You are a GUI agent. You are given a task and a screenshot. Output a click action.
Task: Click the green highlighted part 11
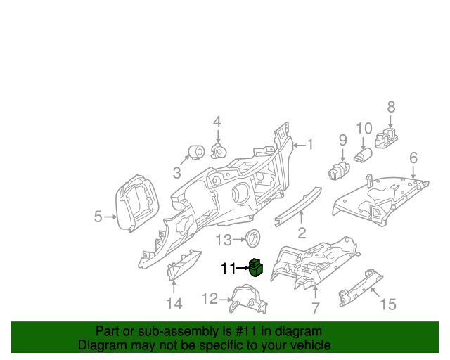256,268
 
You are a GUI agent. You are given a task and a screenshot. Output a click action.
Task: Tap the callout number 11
229,269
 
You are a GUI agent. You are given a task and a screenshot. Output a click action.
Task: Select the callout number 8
391,107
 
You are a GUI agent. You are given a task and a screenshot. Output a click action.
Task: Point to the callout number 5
98,217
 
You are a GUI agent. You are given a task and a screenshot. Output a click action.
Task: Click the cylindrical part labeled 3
195,153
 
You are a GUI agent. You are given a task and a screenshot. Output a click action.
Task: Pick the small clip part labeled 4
219,150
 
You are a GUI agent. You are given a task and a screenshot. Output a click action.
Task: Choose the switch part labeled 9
340,169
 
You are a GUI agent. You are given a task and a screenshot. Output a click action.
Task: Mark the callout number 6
413,157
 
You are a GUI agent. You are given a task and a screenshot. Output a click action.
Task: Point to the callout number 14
174,304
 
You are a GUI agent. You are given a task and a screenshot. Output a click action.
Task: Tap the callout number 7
315,307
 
